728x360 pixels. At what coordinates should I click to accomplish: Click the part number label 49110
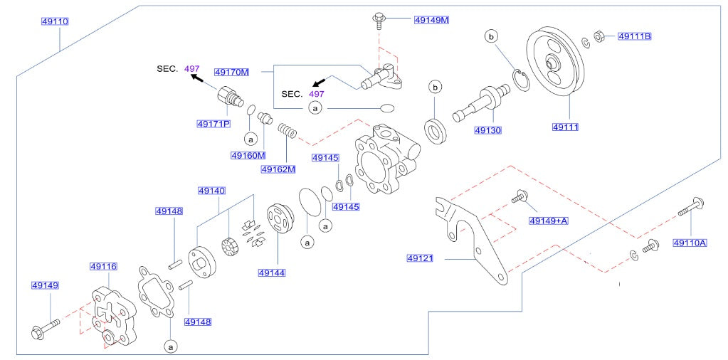pyautogui.click(x=53, y=22)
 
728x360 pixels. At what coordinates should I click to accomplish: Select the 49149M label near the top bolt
pyautogui.click(x=431, y=20)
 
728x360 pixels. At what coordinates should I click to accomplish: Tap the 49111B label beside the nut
pyautogui.click(x=634, y=36)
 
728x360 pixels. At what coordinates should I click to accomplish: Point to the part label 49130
pyautogui.click(x=489, y=131)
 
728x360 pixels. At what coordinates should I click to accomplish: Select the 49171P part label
pyautogui.click(x=213, y=124)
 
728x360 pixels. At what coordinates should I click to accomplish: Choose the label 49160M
pyautogui.click(x=248, y=156)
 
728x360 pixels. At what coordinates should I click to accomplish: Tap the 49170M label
pyautogui.click(x=231, y=72)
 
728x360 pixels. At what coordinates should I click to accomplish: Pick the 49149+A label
pyautogui.click(x=548, y=221)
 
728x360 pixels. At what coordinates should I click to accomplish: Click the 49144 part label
pyautogui.click(x=272, y=272)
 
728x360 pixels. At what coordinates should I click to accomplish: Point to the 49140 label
pyautogui.click(x=211, y=191)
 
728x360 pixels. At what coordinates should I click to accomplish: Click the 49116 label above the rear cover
pyautogui.click(x=102, y=267)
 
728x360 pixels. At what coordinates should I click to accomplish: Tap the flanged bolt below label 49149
pyautogui.click(x=41, y=330)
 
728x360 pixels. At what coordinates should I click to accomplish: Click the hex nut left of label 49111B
pyautogui.click(x=599, y=36)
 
